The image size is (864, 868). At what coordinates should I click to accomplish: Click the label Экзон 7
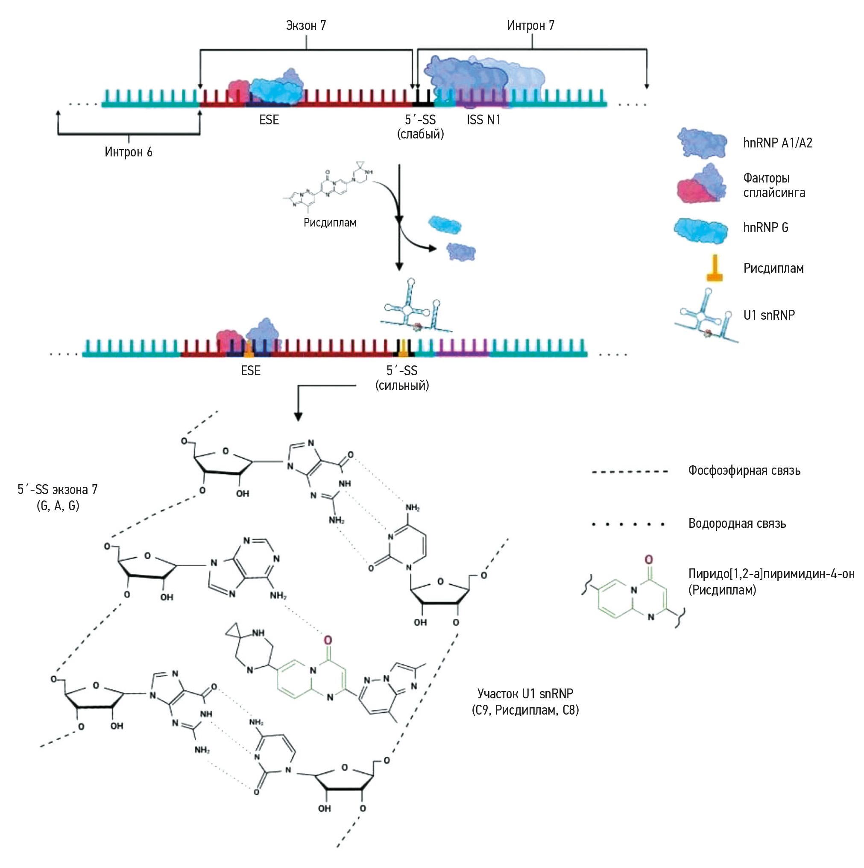(x=306, y=26)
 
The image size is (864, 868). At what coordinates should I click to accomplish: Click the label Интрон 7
(x=530, y=26)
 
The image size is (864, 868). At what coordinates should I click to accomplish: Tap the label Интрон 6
(x=129, y=152)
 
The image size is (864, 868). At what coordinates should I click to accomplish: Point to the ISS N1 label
(x=483, y=120)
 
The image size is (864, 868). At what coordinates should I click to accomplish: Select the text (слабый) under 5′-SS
(x=420, y=134)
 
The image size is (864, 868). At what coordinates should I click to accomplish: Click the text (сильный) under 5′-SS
(x=402, y=385)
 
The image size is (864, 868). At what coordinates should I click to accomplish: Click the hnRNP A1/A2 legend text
(x=777, y=143)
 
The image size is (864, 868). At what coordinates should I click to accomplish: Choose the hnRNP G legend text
(x=766, y=228)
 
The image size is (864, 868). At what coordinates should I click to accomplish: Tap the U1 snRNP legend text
(x=769, y=315)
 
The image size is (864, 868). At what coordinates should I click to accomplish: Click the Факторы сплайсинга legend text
(x=774, y=185)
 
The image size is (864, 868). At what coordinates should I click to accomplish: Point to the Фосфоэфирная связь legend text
(x=744, y=471)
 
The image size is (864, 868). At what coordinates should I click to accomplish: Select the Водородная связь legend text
(x=737, y=524)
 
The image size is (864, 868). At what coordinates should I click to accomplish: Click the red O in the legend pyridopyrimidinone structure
(x=648, y=560)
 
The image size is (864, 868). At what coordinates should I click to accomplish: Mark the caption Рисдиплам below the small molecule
(x=330, y=223)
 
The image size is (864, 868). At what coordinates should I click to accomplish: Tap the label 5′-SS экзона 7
(x=58, y=490)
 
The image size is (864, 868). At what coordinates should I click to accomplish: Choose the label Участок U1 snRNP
(x=525, y=694)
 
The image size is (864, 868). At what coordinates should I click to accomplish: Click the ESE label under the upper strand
(x=269, y=120)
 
